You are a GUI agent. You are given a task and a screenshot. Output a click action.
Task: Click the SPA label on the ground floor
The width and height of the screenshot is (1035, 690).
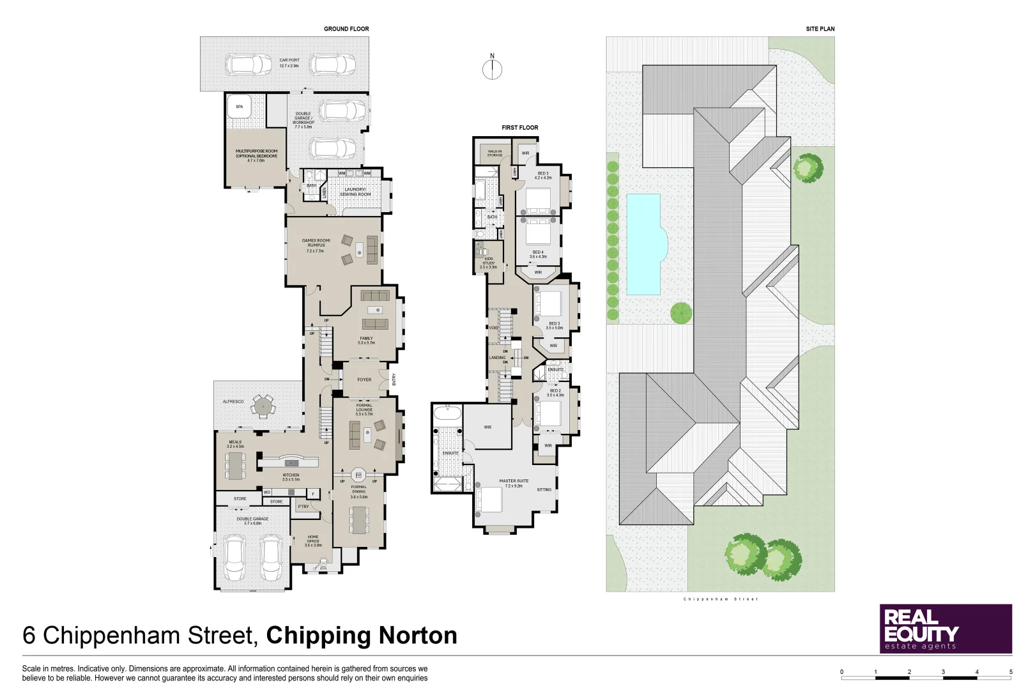tap(240, 107)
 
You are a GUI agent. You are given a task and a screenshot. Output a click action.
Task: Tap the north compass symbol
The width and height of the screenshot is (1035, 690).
tap(492, 69)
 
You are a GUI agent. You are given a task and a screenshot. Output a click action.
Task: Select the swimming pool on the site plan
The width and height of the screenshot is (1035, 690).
tap(644, 244)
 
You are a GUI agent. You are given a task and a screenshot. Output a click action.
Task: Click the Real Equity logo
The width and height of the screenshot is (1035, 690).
tap(946, 629)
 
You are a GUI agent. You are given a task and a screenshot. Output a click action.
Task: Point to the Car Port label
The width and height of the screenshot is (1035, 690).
tap(289, 63)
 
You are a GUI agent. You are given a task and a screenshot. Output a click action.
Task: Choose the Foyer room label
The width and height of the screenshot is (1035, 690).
tap(364, 379)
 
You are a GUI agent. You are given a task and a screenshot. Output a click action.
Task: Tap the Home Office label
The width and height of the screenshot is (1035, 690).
tap(313, 541)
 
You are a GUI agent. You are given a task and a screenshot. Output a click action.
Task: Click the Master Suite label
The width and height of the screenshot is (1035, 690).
tap(514, 483)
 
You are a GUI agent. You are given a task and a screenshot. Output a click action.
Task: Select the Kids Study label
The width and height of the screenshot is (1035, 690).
tap(489, 263)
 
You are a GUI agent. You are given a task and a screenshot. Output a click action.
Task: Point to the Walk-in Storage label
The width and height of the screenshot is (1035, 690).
tap(494, 153)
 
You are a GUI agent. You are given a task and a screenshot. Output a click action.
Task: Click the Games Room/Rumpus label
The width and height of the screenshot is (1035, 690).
tap(316, 245)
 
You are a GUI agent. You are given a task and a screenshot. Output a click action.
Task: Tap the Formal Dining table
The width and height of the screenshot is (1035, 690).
tap(359, 519)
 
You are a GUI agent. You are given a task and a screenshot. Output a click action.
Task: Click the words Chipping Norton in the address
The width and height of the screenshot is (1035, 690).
tap(362, 636)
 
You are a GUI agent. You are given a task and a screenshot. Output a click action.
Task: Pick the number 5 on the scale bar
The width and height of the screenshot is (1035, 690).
tap(1011, 671)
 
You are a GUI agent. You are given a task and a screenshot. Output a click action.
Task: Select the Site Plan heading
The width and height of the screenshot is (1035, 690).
tap(820, 29)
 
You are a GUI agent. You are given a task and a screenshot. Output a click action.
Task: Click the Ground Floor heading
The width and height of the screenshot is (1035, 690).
tap(346, 29)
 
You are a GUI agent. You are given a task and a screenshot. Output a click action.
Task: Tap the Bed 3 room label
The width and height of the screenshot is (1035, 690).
tap(554, 325)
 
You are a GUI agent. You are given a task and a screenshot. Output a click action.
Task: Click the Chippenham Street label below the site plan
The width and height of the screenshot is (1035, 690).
tap(720, 599)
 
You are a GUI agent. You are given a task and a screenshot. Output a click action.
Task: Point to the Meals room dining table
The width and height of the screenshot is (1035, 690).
tap(236, 466)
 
